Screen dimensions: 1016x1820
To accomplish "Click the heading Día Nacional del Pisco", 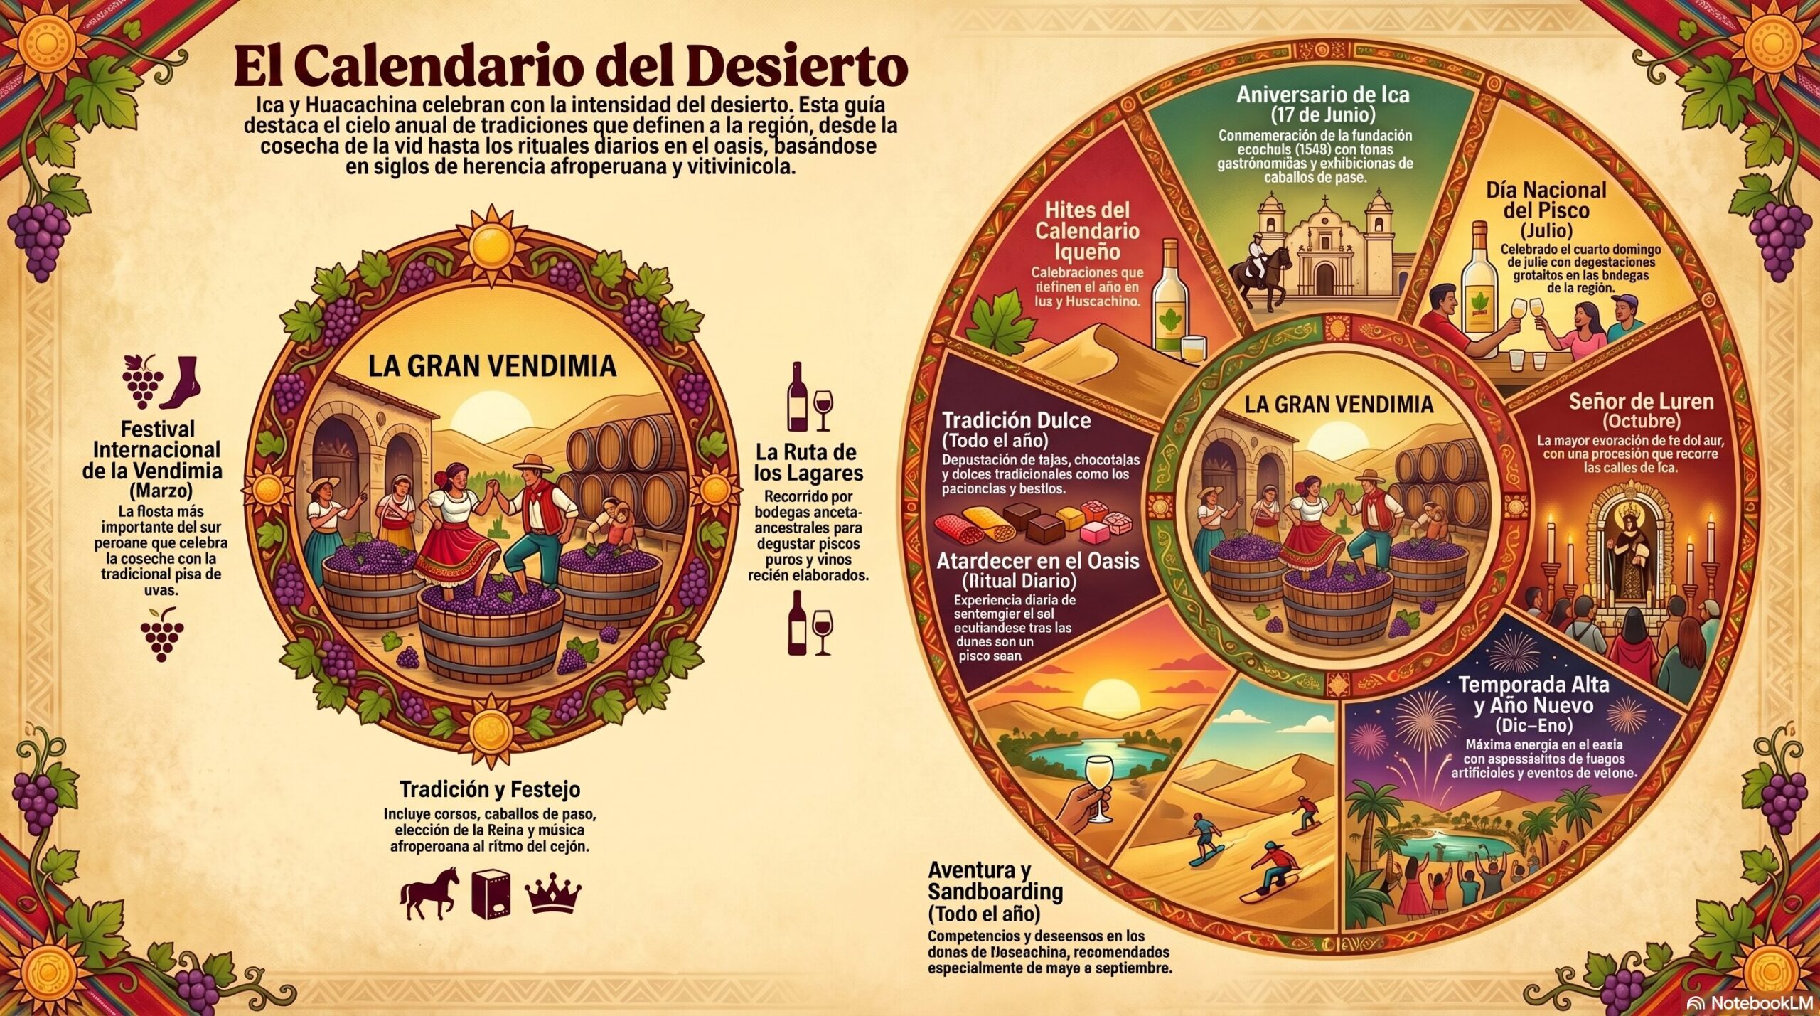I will [x=1546, y=200].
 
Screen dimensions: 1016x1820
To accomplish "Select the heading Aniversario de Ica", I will [x=1322, y=95].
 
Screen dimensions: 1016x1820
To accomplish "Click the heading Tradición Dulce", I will [x=1016, y=420].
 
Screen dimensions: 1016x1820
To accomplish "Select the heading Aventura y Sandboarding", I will [x=995, y=880].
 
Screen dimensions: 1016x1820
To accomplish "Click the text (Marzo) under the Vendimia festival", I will [x=161, y=491].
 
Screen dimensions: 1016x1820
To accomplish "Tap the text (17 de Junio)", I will [x=1322, y=114].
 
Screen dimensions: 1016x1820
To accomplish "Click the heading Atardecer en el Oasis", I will [x=1037, y=561].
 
